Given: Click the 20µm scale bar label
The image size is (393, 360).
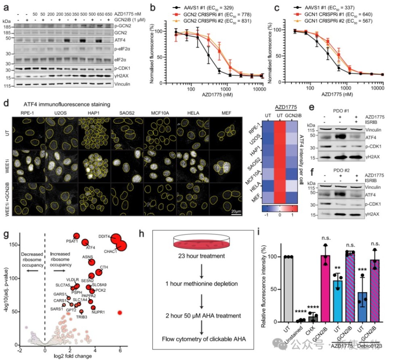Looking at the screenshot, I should tap(236, 210).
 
